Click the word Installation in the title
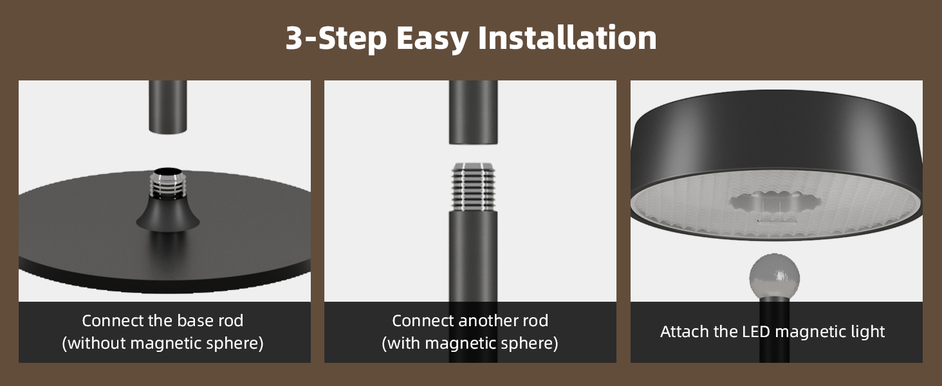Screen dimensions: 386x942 (x=567, y=39)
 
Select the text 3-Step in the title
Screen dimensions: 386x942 (x=336, y=39)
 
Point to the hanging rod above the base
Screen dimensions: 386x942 (x=168, y=106)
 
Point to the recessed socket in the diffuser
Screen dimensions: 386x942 (x=776, y=205)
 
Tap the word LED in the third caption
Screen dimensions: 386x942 (x=757, y=332)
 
